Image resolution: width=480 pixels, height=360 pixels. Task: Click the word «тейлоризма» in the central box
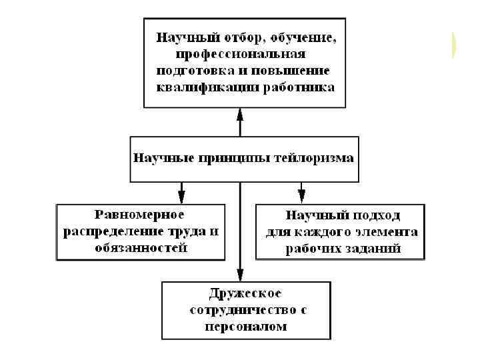pyautogui.click(x=317, y=159)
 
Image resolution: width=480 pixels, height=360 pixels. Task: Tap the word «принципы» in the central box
pyautogui.click(x=235, y=159)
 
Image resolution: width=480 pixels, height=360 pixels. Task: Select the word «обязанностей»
pyautogui.click(x=140, y=248)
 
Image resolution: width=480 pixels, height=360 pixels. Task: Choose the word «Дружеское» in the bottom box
pyautogui.click(x=245, y=293)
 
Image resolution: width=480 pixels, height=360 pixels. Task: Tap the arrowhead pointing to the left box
pyautogui.click(x=181, y=197)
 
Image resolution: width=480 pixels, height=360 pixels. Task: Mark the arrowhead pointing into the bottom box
pyautogui.click(x=241, y=275)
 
